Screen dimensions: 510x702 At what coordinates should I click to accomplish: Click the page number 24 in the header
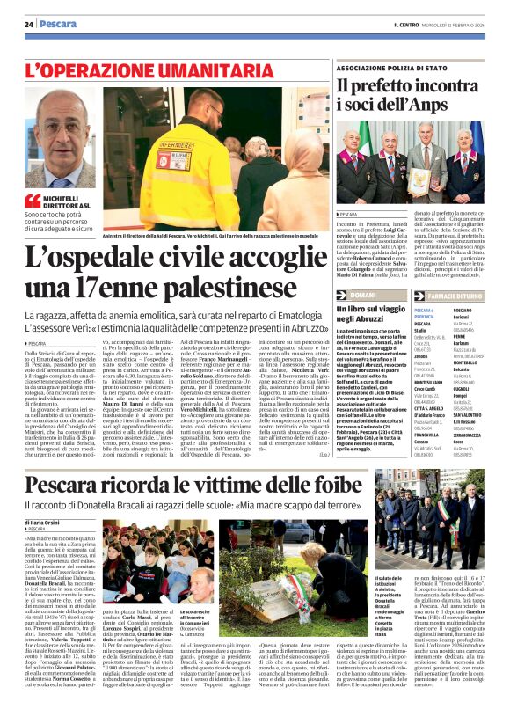click(29, 23)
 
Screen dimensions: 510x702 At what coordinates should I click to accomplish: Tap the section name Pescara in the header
click(59, 23)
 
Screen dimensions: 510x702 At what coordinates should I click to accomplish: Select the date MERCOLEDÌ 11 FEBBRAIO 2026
click(462, 24)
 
